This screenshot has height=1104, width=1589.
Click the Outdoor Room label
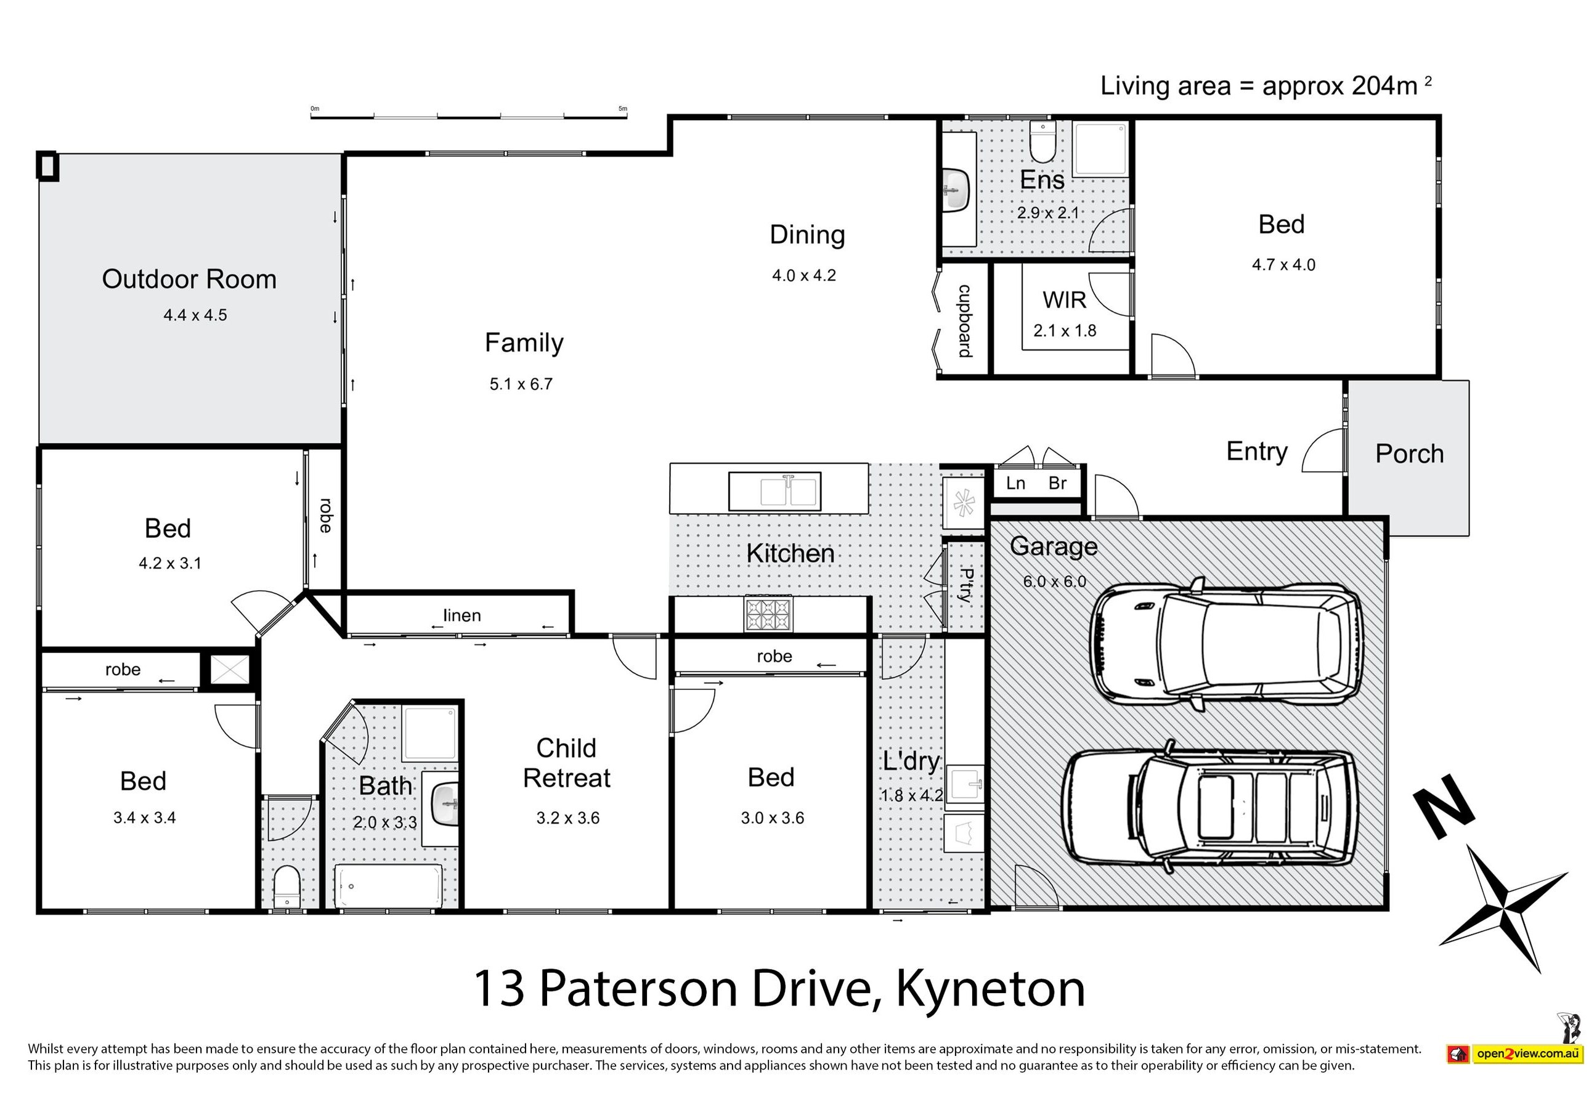[189, 278]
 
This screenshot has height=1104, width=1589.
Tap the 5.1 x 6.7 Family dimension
[521, 384]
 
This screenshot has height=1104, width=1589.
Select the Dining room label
[807, 235]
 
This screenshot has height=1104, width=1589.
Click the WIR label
[1064, 300]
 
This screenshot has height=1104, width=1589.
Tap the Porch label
[1409, 454]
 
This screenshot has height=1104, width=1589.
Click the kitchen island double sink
[775, 491]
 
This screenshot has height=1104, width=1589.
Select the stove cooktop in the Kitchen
[767, 614]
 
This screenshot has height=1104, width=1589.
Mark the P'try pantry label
[967, 585]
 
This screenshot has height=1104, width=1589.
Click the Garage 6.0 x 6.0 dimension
[1054, 582]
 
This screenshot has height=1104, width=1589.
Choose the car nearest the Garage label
[1225, 644]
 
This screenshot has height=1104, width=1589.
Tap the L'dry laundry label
[911, 761]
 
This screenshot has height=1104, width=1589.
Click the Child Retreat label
[567, 763]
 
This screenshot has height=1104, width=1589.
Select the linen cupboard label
[462, 615]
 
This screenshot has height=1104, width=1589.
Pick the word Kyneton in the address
[990, 989]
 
